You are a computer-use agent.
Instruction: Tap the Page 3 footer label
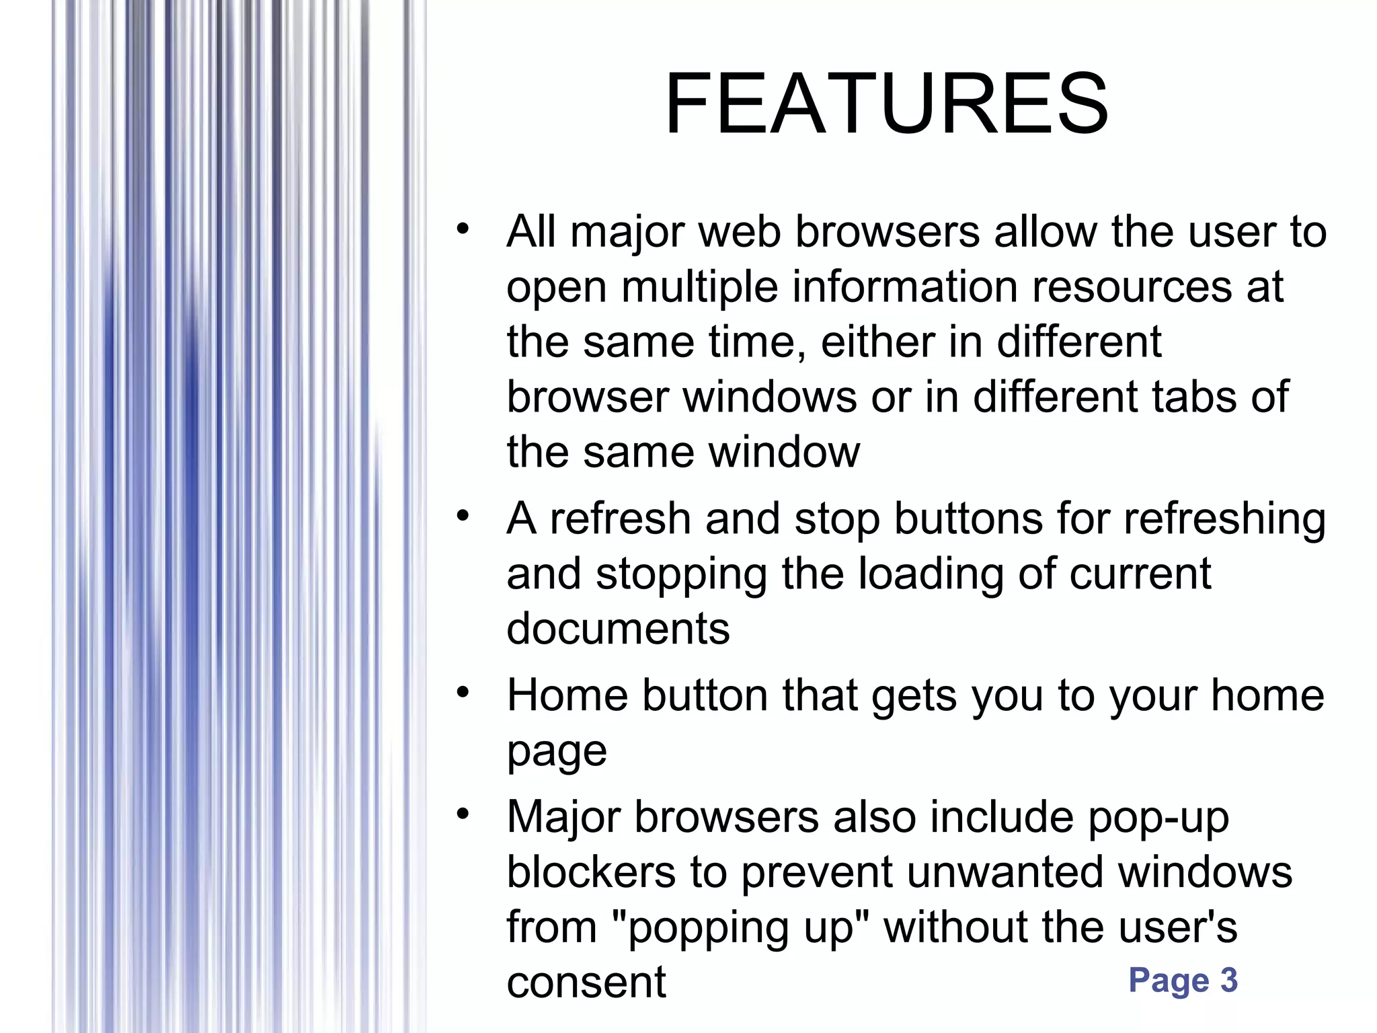1183,980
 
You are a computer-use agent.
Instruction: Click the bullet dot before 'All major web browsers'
462,229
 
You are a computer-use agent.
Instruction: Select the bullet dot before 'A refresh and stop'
462,516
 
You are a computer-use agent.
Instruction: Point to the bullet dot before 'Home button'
462,692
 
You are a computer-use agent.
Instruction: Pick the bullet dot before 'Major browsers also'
462,814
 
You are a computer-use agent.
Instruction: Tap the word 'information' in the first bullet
905,286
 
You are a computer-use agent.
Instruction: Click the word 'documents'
618,629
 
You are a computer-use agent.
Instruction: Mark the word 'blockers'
591,872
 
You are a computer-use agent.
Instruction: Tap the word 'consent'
586,983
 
